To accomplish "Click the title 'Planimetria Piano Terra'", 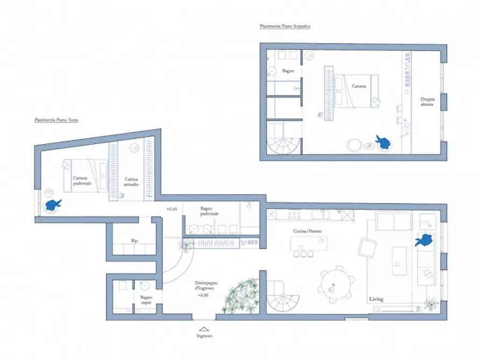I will (56, 120).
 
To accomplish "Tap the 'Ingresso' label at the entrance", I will (204, 336).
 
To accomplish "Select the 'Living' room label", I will (376, 299).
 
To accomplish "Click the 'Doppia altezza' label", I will (428, 102).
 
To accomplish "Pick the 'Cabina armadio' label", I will (132, 182).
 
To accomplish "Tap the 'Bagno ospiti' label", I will (147, 300).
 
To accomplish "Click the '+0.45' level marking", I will (172, 208).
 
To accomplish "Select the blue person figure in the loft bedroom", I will (384, 142).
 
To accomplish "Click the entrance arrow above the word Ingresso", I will (204, 328).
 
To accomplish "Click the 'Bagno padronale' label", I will (210, 211).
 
